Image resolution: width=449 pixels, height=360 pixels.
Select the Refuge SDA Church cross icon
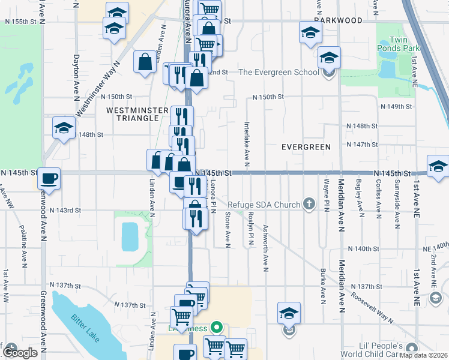point(309,205)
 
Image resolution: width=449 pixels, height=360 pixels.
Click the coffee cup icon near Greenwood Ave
point(49,178)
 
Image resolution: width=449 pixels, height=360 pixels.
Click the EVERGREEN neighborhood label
point(306,147)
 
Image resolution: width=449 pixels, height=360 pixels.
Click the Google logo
point(20,352)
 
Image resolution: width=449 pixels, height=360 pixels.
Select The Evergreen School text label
point(279,73)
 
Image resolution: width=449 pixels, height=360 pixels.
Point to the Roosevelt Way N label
point(372,308)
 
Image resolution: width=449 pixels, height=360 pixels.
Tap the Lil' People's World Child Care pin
point(411,348)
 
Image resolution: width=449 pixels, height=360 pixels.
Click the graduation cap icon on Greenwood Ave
point(64,128)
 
